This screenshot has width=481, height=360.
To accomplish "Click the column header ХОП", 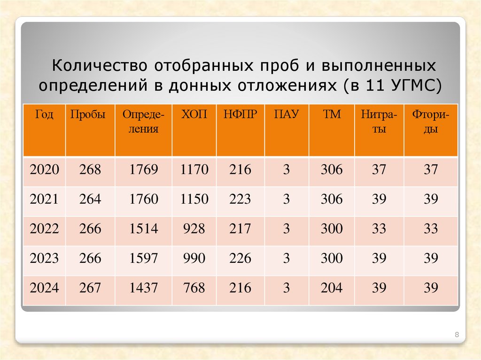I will tap(194, 115).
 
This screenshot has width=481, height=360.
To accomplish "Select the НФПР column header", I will tap(240, 115).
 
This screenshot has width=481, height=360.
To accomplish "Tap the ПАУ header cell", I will tap(287, 115).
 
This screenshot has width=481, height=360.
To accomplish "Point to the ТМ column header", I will tap(332, 115).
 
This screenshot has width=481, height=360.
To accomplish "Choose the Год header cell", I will tap(44, 115).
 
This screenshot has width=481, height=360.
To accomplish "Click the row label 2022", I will tap(44, 229).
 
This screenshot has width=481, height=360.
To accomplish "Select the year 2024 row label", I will tap(44, 288).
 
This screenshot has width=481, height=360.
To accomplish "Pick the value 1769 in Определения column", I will tap(143, 169).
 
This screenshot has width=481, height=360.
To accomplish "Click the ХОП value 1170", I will tap(194, 169).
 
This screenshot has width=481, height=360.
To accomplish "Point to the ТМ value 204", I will tap(332, 288).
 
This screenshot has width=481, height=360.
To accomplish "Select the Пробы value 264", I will tap(90, 199).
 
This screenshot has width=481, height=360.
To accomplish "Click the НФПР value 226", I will tap(240, 258).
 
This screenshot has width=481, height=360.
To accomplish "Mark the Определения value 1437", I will tap(143, 288).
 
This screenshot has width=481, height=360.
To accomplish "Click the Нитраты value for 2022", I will tap(379, 229).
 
